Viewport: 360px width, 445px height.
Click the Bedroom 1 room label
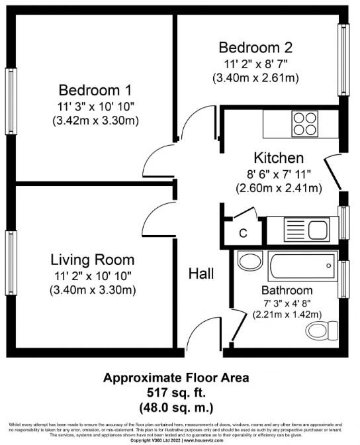[95, 90]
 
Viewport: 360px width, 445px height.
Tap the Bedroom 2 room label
[255, 48]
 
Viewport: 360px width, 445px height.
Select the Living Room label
[92, 260]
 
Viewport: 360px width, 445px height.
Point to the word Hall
[201, 273]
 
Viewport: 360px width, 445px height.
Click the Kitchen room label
[279, 158]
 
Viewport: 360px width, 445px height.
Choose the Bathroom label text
[286, 290]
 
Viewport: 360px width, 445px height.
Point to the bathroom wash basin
[250, 261]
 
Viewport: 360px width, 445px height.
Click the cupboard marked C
[243, 234]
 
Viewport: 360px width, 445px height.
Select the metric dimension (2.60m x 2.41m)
[279, 188]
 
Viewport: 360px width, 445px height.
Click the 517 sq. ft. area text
[176, 392]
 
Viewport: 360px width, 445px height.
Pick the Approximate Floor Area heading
[176, 378]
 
